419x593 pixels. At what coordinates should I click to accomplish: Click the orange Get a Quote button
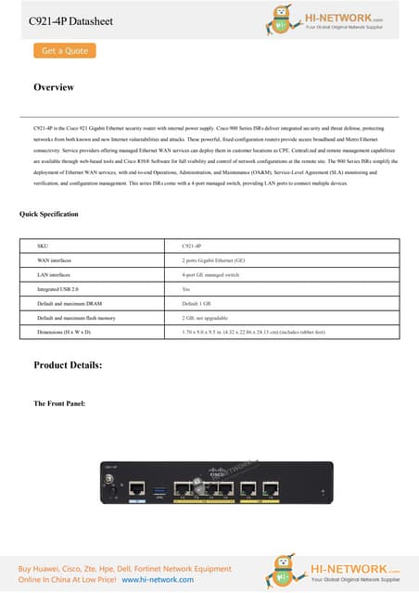[65, 51]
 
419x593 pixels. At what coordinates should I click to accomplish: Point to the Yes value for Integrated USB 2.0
[186, 289]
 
